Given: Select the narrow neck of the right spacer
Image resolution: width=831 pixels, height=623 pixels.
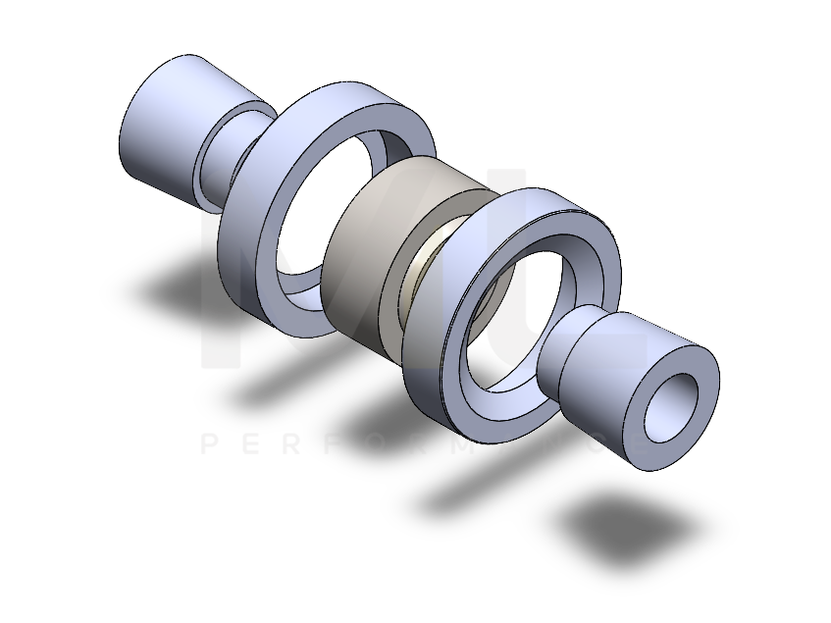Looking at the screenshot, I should click(x=567, y=354).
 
